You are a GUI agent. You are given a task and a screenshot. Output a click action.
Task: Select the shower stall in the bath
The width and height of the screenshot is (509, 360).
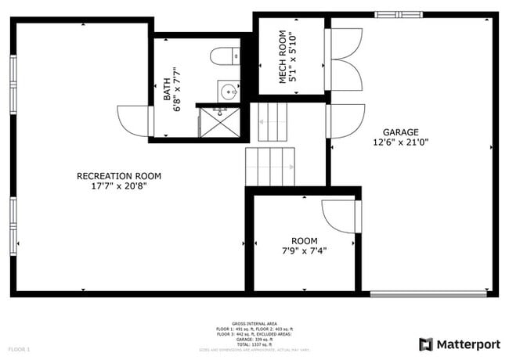(x=219, y=121)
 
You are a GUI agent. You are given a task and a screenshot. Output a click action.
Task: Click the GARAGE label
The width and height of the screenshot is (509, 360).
(x=400, y=132)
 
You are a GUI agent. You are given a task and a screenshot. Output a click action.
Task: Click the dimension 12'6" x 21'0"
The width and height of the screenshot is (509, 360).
(x=400, y=142)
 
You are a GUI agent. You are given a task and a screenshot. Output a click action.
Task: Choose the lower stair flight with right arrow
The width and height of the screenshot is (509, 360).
(x=270, y=166)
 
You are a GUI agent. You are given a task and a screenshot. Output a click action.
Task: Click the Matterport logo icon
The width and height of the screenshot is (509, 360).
(x=426, y=344)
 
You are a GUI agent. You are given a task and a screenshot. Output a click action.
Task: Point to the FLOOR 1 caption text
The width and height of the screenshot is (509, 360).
(x=19, y=348)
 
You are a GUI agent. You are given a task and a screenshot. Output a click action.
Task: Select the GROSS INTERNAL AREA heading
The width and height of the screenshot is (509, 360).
(x=254, y=322)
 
